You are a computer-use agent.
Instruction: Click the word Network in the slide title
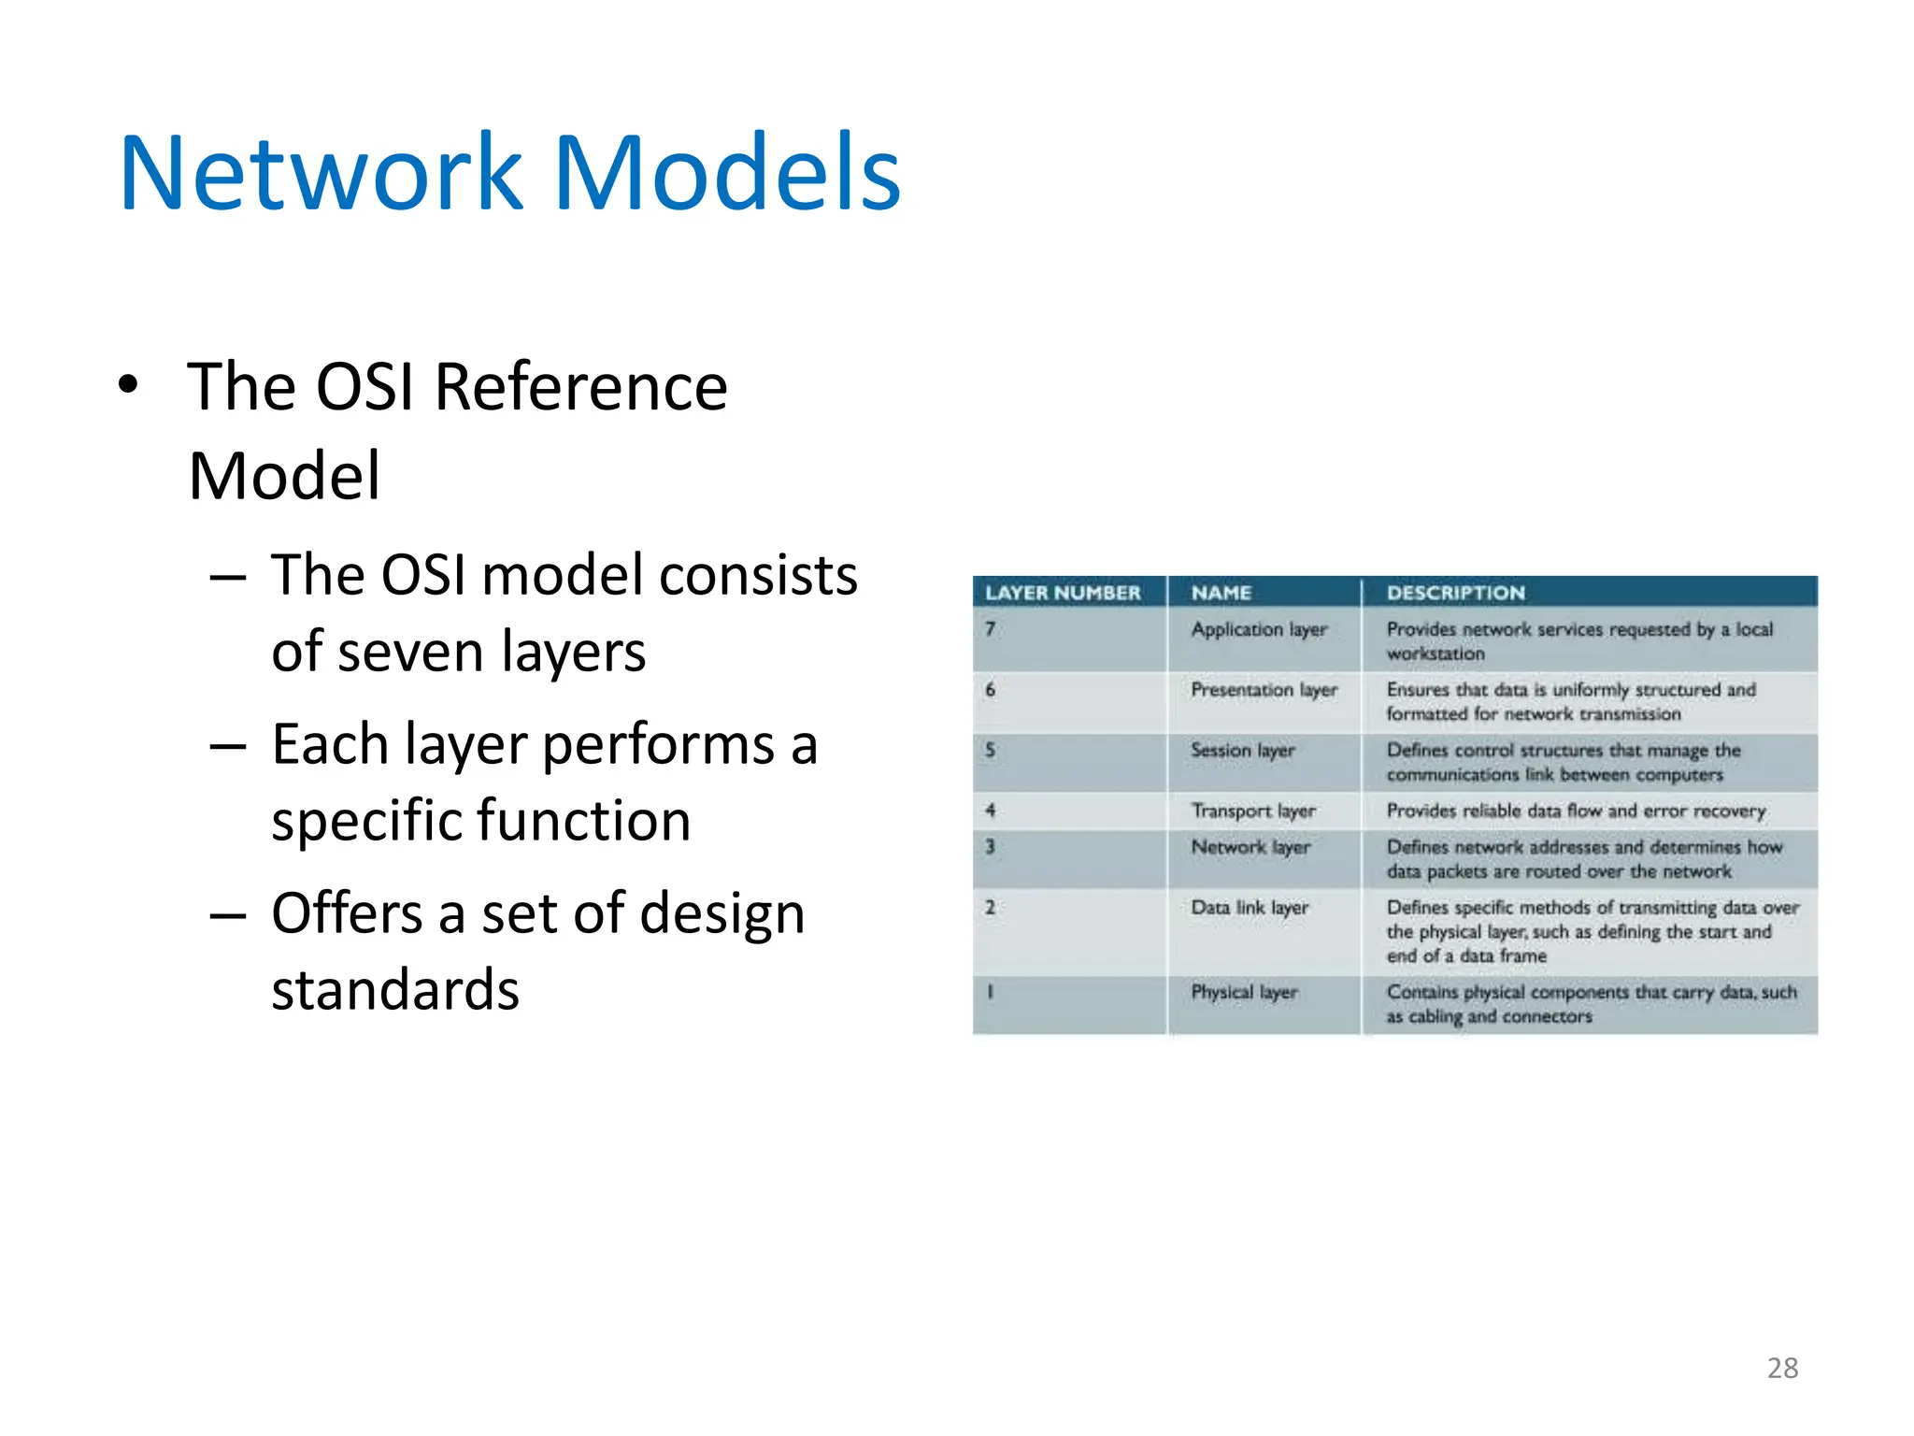click(321, 174)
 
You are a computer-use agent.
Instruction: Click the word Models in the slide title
click(727, 174)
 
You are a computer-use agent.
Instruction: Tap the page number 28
click(1782, 1368)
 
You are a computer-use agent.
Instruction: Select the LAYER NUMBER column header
click(1063, 593)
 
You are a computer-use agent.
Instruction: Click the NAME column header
click(1221, 593)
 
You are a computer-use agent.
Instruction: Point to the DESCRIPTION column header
click(1455, 593)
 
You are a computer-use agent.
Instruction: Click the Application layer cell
click(1259, 629)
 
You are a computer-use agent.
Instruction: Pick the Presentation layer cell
click(1264, 690)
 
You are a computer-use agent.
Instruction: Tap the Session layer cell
click(1242, 751)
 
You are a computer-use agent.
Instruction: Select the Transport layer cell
click(1252, 811)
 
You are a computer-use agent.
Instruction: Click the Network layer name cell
click(1250, 847)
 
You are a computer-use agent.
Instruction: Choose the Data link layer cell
click(1249, 908)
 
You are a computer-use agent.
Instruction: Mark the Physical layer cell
click(1244, 992)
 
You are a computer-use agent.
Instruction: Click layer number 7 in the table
click(990, 629)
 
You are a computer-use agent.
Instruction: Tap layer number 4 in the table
click(990, 811)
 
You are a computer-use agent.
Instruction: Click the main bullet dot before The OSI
click(129, 384)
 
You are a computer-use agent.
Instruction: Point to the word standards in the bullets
click(394, 989)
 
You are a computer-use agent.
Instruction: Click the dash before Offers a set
click(228, 914)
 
